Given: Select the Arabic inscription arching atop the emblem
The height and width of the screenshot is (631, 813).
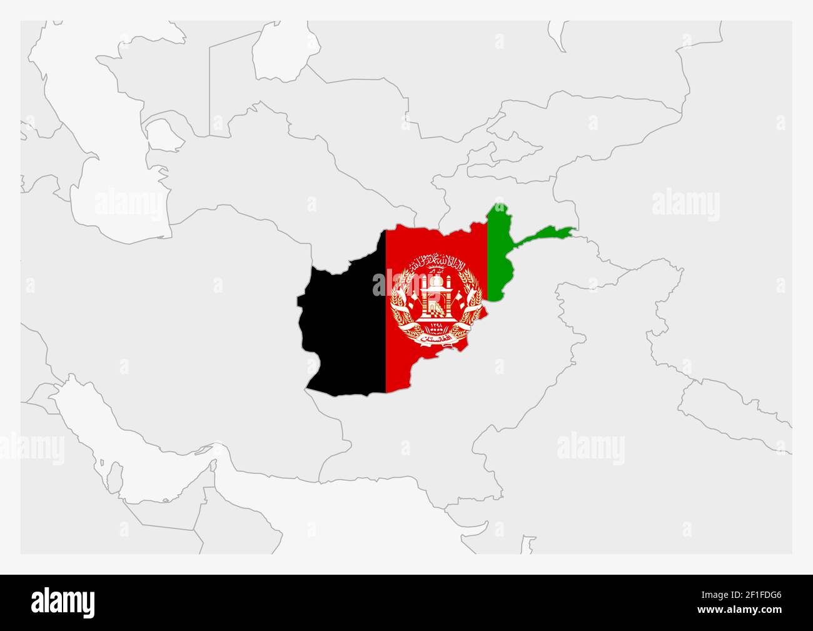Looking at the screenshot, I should [436, 261].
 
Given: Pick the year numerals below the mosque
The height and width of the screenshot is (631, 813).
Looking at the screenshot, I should [436, 326].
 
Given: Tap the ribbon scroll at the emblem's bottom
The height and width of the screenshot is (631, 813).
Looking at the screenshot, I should [436, 338].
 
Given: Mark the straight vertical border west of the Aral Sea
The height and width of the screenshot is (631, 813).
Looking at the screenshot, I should [210, 88].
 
